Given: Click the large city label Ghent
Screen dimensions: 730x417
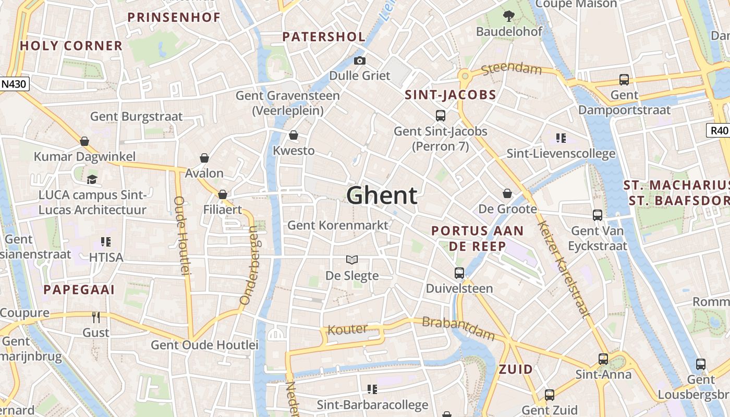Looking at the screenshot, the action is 382,195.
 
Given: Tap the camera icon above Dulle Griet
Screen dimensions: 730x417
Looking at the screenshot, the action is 359,61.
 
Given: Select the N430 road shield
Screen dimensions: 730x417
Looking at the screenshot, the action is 15,83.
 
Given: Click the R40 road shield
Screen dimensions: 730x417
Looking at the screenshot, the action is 719,130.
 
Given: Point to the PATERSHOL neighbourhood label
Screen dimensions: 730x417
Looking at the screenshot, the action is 324,36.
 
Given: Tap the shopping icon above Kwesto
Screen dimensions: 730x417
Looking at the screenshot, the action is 294,136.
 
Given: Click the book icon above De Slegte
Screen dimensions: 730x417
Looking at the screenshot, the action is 352,260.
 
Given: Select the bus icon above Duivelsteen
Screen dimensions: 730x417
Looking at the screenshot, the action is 459,273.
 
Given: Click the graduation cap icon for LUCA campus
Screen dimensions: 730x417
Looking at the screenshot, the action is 92,179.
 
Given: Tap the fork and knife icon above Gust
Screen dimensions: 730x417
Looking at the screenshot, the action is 96,317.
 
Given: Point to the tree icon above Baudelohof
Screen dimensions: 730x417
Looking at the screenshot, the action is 509,16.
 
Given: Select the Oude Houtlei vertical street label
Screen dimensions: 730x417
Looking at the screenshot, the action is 180,236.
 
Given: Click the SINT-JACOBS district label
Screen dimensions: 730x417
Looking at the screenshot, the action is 451,95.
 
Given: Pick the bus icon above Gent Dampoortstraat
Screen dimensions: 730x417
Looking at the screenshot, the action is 624,80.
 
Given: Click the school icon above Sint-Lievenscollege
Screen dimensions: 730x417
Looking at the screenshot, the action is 561,138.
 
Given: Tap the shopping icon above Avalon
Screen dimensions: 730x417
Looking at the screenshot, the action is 204,158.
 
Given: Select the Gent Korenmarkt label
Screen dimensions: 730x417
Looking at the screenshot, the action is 338,225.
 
